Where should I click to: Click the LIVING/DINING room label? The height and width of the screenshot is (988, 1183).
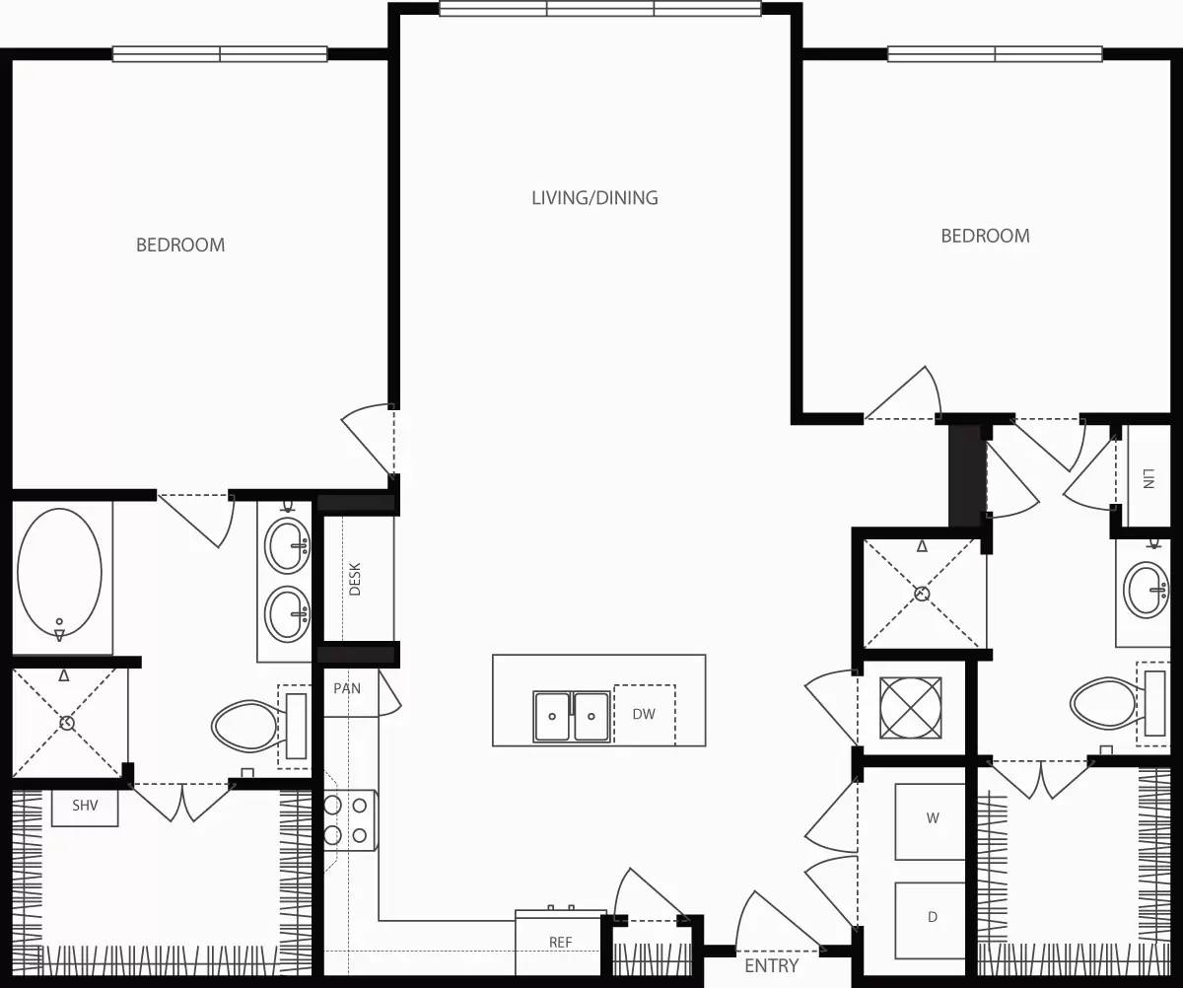tap(594, 198)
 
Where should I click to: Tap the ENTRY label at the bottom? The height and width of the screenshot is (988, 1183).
tap(771, 965)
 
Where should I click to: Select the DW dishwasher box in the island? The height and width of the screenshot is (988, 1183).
tap(644, 715)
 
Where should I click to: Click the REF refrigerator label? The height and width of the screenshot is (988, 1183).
tap(560, 943)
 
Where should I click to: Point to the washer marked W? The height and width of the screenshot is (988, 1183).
tap(932, 818)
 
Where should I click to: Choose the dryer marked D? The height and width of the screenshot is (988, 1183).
tap(932, 918)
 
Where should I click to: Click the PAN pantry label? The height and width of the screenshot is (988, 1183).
tap(347, 688)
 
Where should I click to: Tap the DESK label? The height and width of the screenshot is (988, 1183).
tap(355, 579)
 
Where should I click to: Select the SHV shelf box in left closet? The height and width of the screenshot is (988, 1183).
tap(86, 807)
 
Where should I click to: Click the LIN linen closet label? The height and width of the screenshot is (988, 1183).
tap(1148, 479)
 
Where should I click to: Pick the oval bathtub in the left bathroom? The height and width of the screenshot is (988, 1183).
tap(59, 574)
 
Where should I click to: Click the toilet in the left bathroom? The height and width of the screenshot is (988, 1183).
tap(246, 726)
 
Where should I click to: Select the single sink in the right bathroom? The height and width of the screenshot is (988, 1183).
tap(1146, 589)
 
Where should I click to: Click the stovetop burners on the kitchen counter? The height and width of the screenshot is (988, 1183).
tap(347, 820)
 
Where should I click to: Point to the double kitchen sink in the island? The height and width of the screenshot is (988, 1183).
tap(572, 716)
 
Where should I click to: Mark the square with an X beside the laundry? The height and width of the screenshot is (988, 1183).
tap(910, 707)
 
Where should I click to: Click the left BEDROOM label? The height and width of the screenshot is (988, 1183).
tap(180, 245)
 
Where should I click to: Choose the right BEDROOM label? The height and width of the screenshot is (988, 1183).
tap(985, 236)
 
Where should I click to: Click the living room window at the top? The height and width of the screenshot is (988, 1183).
tap(600, 10)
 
